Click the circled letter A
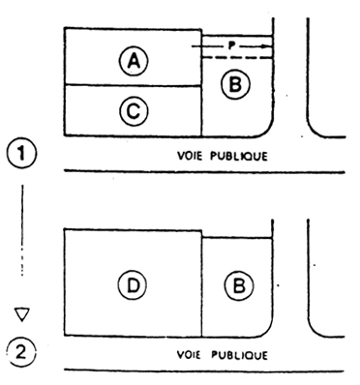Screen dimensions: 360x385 [134, 61]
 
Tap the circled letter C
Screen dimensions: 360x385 [134, 111]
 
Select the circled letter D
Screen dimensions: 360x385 [133, 285]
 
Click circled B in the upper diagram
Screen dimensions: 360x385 [236, 84]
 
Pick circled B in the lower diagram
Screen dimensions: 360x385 [239, 285]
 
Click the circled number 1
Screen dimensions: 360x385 [22, 154]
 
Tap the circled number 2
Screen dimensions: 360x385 [21, 352]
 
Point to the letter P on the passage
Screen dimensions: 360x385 [230, 45]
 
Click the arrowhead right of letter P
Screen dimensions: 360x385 [265, 46]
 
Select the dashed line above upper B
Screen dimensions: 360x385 [237, 58]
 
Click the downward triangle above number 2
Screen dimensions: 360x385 [22, 314]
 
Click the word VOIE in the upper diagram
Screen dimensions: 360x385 [190, 156]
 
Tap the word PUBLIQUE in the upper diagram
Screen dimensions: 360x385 [239, 157]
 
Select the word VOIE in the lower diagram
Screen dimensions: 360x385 [189, 355]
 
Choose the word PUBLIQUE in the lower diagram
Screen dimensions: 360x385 [239, 355]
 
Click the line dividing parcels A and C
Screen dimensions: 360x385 [133, 85]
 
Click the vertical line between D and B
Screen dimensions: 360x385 [202, 283]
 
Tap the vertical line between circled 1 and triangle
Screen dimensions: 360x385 [22, 230]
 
